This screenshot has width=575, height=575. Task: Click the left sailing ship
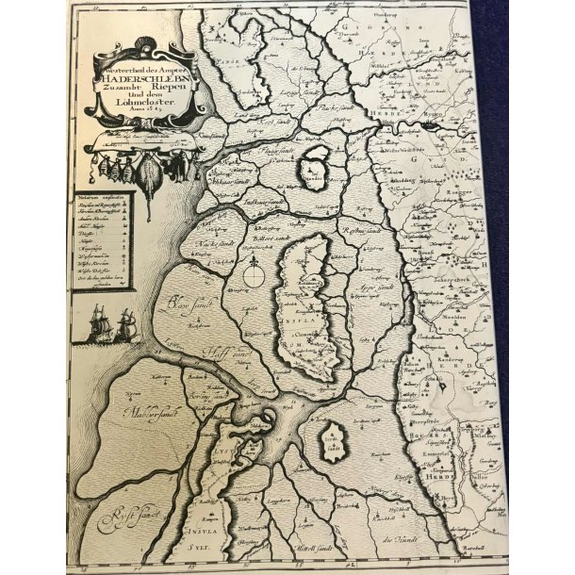(x=99, y=328)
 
